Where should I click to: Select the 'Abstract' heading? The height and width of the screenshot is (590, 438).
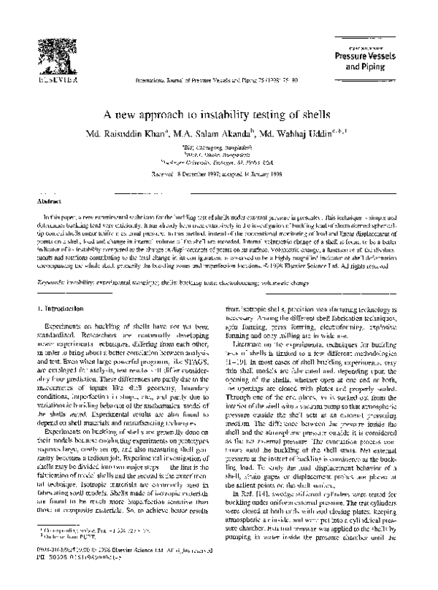49,199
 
